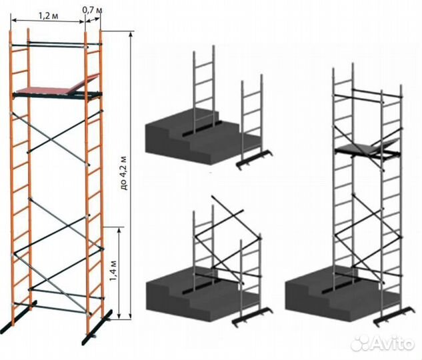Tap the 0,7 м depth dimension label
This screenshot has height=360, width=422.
[x=92, y=10]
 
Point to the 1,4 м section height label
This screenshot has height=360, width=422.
[x=113, y=271]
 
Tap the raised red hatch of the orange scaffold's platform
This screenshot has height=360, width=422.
[x=87, y=83]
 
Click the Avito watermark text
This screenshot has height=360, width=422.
[x=392, y=343]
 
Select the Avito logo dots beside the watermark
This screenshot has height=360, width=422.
[x=361, y=343]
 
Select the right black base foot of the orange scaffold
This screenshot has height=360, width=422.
[x=97, y=327]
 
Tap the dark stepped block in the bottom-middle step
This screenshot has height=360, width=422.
[x=202, y=295]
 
